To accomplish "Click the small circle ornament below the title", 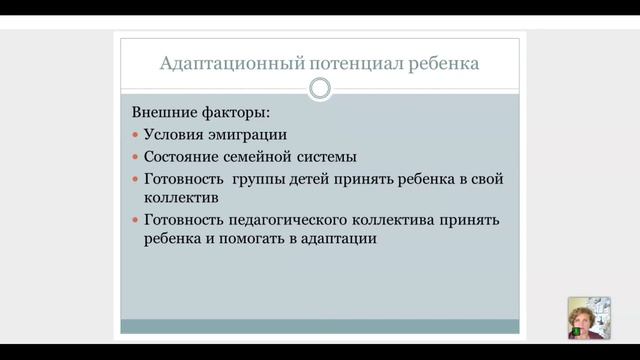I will click(x=319, y=89).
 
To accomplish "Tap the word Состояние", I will click(x=185, y=157).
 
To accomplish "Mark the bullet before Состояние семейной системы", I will click(x=136, y=158).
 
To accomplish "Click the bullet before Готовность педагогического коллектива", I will click(x=136, y=221).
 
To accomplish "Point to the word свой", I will click(x=486, y=179).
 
